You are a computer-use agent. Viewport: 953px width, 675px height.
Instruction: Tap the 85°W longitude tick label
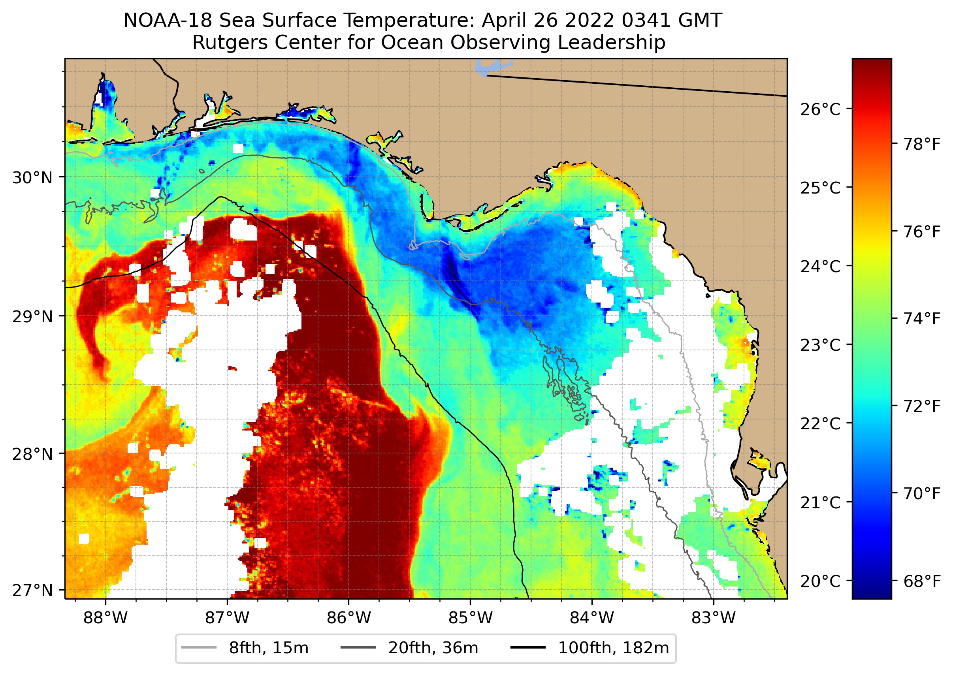click(470, 618)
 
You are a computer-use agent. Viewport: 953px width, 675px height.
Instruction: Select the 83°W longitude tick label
click(714, 618)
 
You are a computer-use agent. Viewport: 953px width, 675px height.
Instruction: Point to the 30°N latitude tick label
click(32, 178)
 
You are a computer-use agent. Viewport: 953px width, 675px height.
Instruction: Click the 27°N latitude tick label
click(32, 590)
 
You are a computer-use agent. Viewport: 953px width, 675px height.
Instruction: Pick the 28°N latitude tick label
click(32, 454)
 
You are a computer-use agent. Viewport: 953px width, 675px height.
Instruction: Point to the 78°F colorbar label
click(922, 144)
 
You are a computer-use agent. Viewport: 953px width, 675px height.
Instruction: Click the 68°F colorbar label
click(922, 581)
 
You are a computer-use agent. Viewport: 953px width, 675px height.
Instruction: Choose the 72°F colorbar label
click(922, 406)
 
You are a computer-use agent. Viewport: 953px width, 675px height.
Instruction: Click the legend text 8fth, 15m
click(269, 648)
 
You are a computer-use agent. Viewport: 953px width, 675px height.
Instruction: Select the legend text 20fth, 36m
click(433, 648)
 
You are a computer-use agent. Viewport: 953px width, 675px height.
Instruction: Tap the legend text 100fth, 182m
click(613, 648)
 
